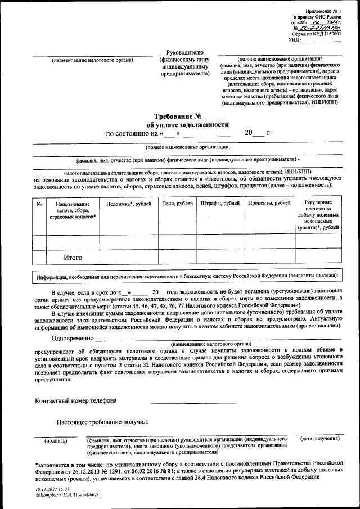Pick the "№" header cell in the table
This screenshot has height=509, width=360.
(x=39, y=204)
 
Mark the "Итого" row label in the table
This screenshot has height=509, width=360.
(x=73, y=258)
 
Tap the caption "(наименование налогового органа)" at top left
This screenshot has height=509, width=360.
(x=92, y=60)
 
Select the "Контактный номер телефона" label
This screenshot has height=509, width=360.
(x=76, y=401)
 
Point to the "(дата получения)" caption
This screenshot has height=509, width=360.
(x=322, y=438)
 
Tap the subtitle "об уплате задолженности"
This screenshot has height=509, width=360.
(x=188, y=125)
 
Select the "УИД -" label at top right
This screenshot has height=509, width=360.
(x=296, y=39)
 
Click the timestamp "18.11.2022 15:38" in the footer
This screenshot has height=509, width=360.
(x=52, y=490)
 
